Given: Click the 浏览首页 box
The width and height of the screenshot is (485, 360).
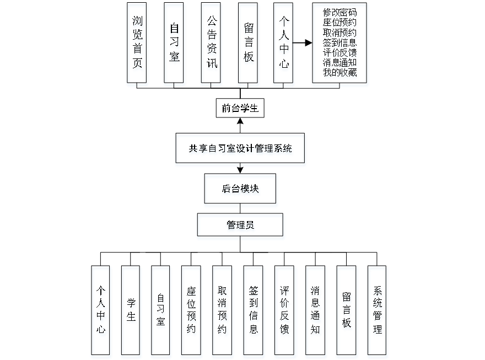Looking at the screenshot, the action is tap(137, 45).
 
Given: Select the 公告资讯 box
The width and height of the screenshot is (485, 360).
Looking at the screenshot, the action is tap(211, 45).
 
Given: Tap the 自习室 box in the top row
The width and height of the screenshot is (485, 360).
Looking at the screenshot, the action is tap(174, 45).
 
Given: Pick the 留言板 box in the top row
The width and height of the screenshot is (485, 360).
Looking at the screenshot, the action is tap(249, 45).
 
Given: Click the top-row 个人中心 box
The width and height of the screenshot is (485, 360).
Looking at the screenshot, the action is tap(284, 45).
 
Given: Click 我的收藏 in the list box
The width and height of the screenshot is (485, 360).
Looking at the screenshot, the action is tap(340, 72).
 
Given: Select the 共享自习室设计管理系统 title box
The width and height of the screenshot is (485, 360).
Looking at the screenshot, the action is tap(240, 149).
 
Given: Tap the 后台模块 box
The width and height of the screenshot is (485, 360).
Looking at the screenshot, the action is tap(241, 190).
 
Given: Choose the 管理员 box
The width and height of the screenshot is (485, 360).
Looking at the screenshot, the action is tap(241, 227).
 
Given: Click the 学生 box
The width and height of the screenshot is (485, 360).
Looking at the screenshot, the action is tap(132, 312).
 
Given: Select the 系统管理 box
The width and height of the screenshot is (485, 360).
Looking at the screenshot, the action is tap(378, 312).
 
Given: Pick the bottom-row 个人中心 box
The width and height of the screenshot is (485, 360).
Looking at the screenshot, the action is tap(101, 312).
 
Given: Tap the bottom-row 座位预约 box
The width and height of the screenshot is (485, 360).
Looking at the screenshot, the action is tap(191, 312).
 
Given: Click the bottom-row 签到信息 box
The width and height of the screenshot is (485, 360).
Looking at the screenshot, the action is tap(254, 312).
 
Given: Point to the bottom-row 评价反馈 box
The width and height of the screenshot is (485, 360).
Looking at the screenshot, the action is tap(285, 312).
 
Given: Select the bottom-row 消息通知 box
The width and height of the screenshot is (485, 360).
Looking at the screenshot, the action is tap(316, 312).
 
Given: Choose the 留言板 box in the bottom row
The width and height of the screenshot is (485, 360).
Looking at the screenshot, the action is tap(347, 312).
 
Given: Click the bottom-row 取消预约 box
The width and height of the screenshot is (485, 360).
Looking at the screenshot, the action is tap(223, 312).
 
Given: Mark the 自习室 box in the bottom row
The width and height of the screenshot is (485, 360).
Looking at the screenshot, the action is tap(161, 312).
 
